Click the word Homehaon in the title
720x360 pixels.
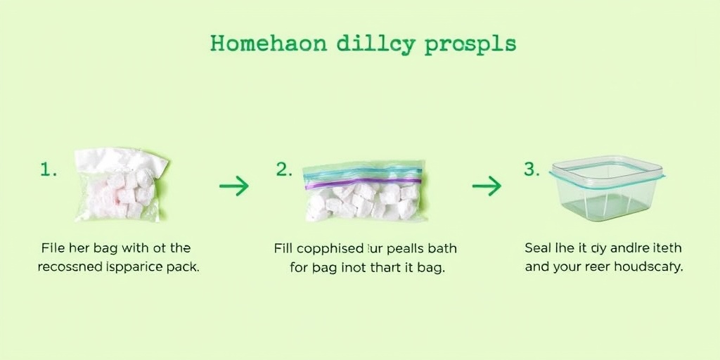coord(268,44)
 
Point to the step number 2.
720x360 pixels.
coord(283,169)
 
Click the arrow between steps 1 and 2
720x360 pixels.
coord(234,186)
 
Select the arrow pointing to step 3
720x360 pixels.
coord(487,186)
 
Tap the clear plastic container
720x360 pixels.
coord(606,188)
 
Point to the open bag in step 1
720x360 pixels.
coord(121,185)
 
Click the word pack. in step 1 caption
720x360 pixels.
coord(182,267)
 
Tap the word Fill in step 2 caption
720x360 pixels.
coord(283,248)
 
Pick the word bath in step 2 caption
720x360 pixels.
coord(441,248)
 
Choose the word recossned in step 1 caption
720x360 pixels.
coord(69,267)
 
